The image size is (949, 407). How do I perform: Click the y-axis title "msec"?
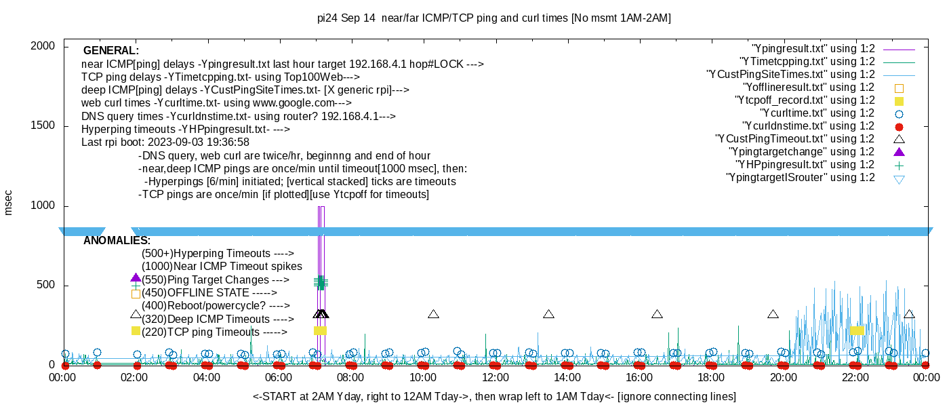pos(9,202)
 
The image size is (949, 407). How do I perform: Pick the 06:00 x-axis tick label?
pos(279,377)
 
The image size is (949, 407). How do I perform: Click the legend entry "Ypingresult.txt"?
pos(813,49)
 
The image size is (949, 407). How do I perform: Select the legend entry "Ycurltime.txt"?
pos(817,113)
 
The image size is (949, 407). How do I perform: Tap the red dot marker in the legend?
pos(900,126)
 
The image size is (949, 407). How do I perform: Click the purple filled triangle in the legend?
pos(900,151)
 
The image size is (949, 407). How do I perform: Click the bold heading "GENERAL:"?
pos(111,51)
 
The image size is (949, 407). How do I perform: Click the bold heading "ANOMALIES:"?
pos(117,241)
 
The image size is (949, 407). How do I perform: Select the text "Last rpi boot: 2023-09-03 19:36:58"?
pos(165,142)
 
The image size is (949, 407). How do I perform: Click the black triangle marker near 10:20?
pos(434,314)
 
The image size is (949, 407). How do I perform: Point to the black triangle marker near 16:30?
pos(657,314)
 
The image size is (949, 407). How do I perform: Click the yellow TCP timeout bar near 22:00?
pos(857,330)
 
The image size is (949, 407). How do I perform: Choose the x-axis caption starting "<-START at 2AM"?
pos(494,396)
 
